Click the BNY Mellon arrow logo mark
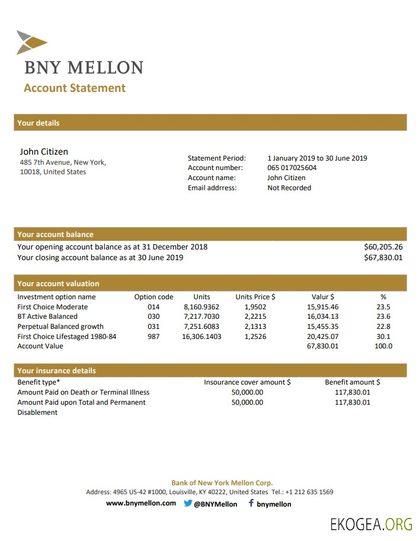(31, 42)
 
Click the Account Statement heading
(75, 88)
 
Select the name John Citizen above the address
(44, 152)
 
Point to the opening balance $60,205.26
(383, 247)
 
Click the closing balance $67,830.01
(383, 258)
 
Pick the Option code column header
(153, 297)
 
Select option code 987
(153, 337)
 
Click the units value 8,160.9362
(201, 307)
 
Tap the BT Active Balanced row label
(47, 316)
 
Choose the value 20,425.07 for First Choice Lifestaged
(322, 337)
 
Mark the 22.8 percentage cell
(383, 326)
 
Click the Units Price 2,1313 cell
(255, 326)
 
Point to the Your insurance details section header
(56, 371)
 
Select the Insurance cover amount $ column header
(247, 382)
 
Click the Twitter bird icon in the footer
(188, 504)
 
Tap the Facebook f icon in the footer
(251, 504)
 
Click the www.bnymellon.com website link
(141, 504)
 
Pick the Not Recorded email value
(289, 188)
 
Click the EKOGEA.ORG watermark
(371, 524)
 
